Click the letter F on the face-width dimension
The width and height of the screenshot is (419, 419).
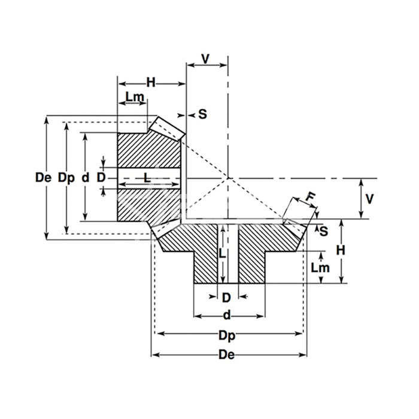click(x=311, y=197)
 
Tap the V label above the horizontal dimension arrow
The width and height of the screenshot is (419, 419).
click(x=205, y=59)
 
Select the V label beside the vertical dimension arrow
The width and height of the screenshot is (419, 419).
click(x=369, y=199)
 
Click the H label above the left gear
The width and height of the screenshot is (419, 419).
click(x=151, y=83)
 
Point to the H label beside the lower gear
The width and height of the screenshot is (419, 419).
click(x=341, y=250)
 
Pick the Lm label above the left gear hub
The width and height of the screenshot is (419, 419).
click(x=135, y=97)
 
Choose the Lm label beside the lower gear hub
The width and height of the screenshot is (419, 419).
click(x=320, y=268)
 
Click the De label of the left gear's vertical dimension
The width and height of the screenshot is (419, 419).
click(x=43, y=177)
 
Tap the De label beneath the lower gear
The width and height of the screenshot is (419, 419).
click(x=227, y=355)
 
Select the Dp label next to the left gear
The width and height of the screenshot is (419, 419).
click(x=66, y=178)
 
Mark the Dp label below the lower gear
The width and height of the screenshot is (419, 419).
click(x=227, y=336)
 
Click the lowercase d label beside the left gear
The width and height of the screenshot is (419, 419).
click(x=85, y=177)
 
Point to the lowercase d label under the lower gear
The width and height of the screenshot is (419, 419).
click(x=227, y=315)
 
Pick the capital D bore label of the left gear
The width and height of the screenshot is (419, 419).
click(x=101, y=177)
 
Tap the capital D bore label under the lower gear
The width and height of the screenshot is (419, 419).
click(x=227, y=297)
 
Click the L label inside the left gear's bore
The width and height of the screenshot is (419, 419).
click(x=147, y=178)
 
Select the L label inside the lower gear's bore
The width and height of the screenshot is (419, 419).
click(x=222, y=253)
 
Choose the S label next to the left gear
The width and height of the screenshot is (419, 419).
click(x=203, y=114)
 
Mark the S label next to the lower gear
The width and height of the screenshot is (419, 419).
click(x=324, y=231)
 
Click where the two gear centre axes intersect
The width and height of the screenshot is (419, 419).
click(x=228, y=178)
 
